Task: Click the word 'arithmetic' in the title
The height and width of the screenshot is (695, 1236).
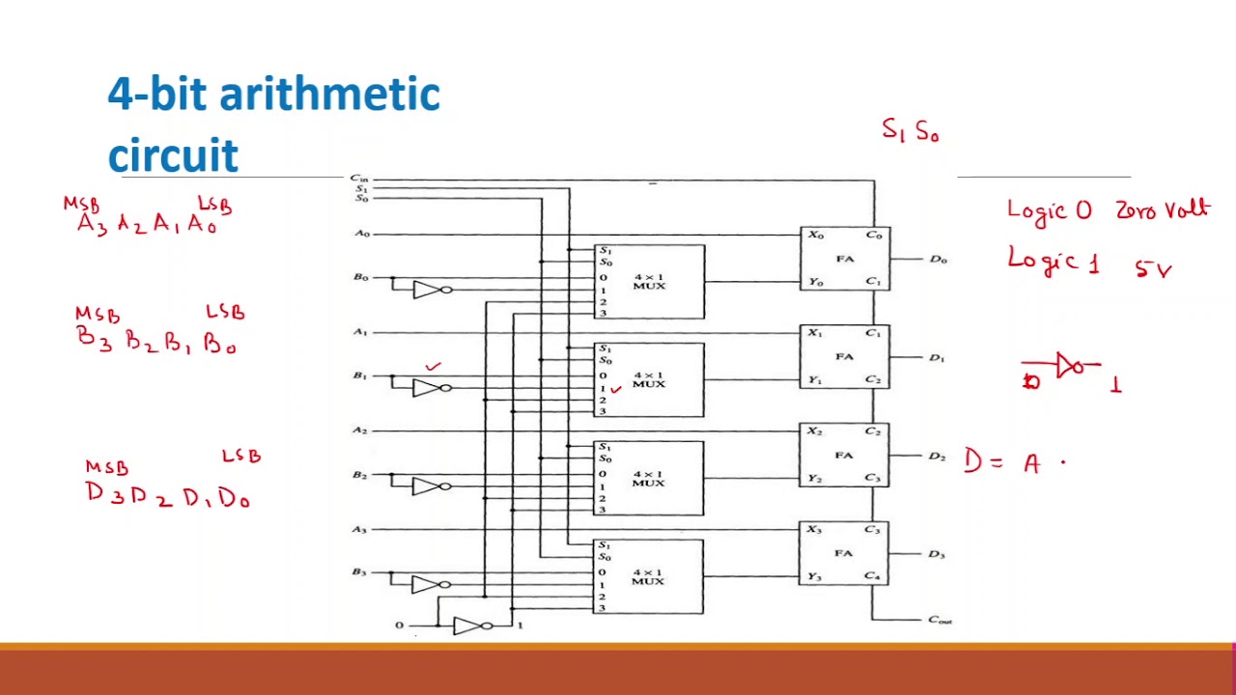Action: [x=329, y=95]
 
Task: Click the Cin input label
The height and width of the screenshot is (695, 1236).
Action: [x=358, y=179]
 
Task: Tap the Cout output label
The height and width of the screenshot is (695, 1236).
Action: [x=940, y=620]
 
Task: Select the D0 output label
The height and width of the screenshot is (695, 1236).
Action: [x=938, y=259]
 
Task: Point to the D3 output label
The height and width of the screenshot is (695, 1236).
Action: [x=937, y=554]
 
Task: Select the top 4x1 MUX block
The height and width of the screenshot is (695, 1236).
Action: [x=649, y=282]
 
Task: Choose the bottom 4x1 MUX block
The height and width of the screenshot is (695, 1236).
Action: [x=649, y=577]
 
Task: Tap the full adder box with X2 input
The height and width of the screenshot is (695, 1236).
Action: [x=845, y=456]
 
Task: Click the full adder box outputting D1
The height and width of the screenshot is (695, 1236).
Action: [x=845, y=357]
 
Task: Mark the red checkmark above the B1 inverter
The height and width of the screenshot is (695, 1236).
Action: [x=434, y=367]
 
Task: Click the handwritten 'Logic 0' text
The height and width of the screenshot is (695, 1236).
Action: [x=1050, y=210]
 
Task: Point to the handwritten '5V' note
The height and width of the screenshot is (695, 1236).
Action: [x=1153, y=269]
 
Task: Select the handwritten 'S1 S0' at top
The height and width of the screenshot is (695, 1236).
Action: [x=910, y=130]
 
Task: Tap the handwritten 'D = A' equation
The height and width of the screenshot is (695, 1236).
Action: [x=1004, y=462]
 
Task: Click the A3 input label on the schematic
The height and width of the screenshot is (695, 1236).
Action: [x=359, y=530]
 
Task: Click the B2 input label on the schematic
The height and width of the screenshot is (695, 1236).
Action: [x=359, y=475]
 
